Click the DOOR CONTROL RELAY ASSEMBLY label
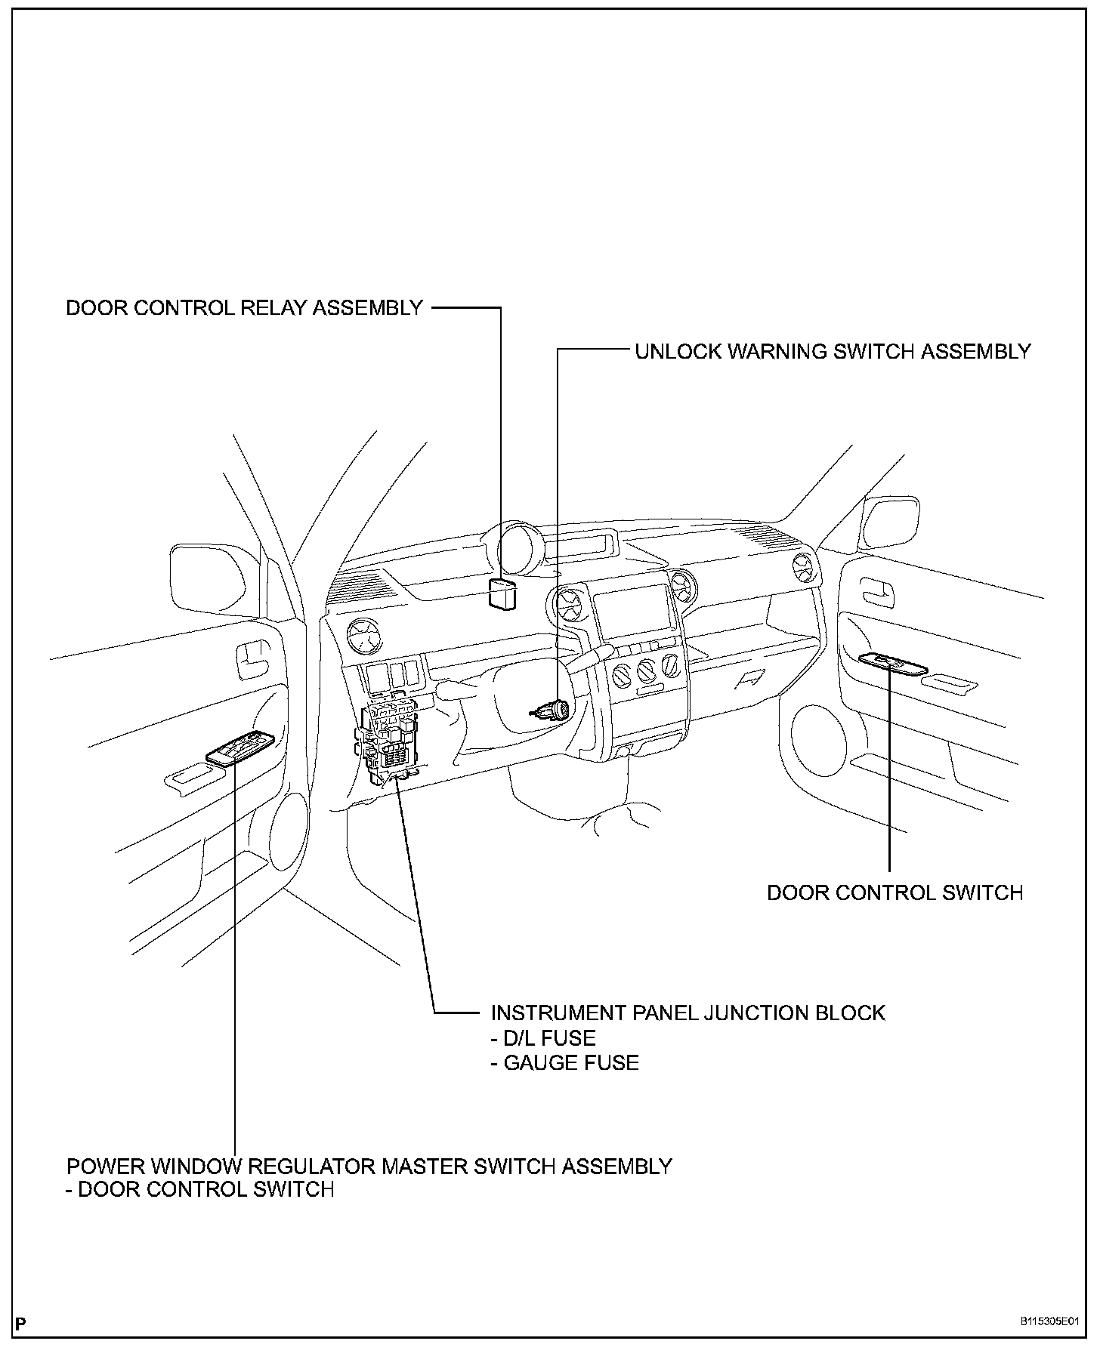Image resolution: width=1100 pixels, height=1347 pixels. pos(244,308)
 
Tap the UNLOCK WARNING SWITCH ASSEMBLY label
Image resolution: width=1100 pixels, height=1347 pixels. pos(833,352)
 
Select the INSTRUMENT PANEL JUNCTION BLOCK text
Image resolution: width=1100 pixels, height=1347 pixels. pos(687,1013)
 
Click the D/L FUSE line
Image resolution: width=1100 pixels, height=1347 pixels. pos(543,1038)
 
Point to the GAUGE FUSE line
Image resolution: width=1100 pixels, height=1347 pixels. pos(564,1063)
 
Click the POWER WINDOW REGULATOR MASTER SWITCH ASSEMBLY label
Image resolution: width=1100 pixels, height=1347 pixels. pos(369,1167)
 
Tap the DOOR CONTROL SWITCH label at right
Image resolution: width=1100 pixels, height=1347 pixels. pos(895,892)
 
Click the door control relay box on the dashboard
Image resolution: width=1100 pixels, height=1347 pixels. pos(502,593)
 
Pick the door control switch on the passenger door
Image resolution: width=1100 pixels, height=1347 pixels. pos(892,664)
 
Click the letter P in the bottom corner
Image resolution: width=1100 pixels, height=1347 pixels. pos(20,1323)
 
